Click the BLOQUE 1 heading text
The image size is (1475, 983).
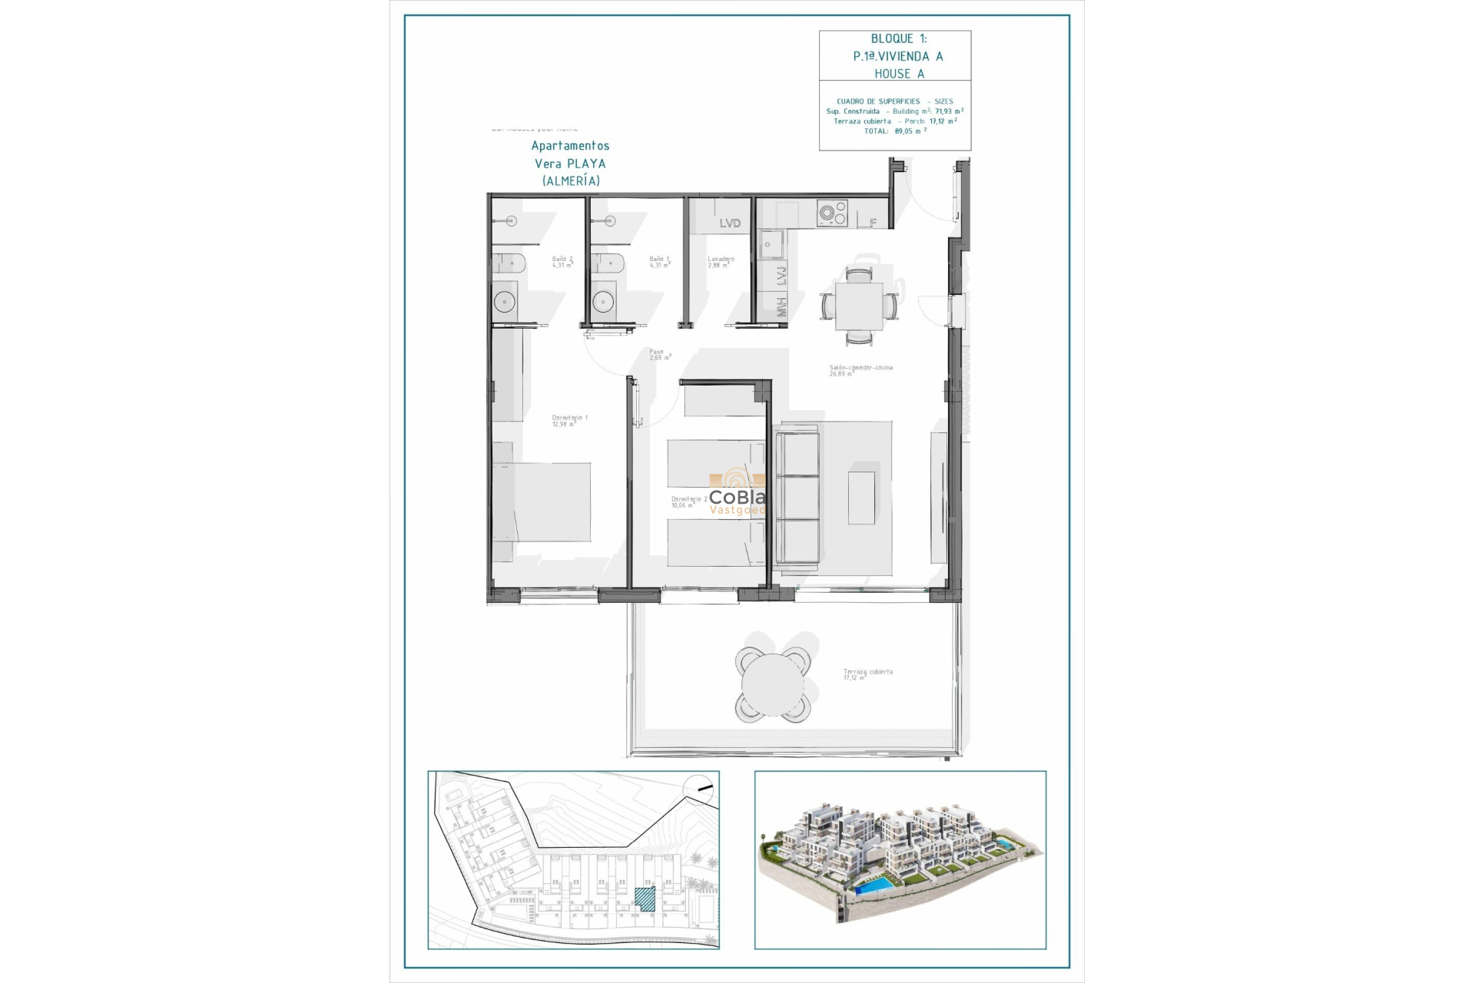(x=898, y=38)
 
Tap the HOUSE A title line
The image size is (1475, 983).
(x=899, y=74)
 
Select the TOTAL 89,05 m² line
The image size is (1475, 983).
(x=895, y=131)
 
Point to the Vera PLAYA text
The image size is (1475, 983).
(x=570, y=164)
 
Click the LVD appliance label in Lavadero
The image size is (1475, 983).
(x=730, y=223)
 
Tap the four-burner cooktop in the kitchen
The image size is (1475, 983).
(x=832, y=213)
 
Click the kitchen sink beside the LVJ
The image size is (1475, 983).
(x=771, y=245)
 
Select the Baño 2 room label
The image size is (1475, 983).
(x=562, y=262)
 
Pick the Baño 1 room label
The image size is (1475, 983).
(x=659, y=262)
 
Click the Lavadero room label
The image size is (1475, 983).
(x=721, y=262)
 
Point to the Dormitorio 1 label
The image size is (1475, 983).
(x=569, y=421)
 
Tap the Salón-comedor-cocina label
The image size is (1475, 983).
(x=860, y=370)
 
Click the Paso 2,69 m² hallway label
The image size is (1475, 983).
(x=659, y=355)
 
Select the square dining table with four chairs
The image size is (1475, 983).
(x=859, y=306)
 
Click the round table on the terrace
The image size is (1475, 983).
(x=772, y=684)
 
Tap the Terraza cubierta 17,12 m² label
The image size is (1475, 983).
(x=867, y=674)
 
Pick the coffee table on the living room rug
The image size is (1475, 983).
(x=861, y=498)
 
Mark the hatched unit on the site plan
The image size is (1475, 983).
(x=645, y=899)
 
